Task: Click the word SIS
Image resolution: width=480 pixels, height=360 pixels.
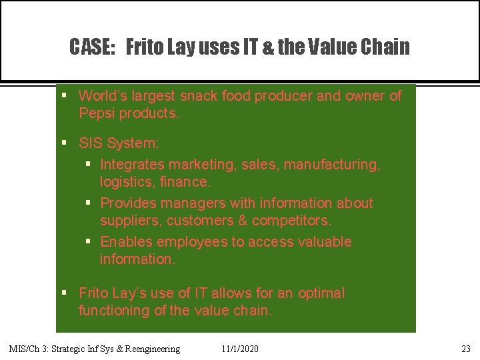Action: point(91,143)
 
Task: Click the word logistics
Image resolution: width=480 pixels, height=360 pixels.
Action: point(126,182)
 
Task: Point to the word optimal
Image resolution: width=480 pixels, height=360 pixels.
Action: point(321,293)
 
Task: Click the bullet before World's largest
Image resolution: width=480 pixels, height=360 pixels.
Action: point(64,97)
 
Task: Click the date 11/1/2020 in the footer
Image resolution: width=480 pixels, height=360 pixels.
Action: point(240,349)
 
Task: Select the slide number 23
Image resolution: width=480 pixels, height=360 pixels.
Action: point(465,349)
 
